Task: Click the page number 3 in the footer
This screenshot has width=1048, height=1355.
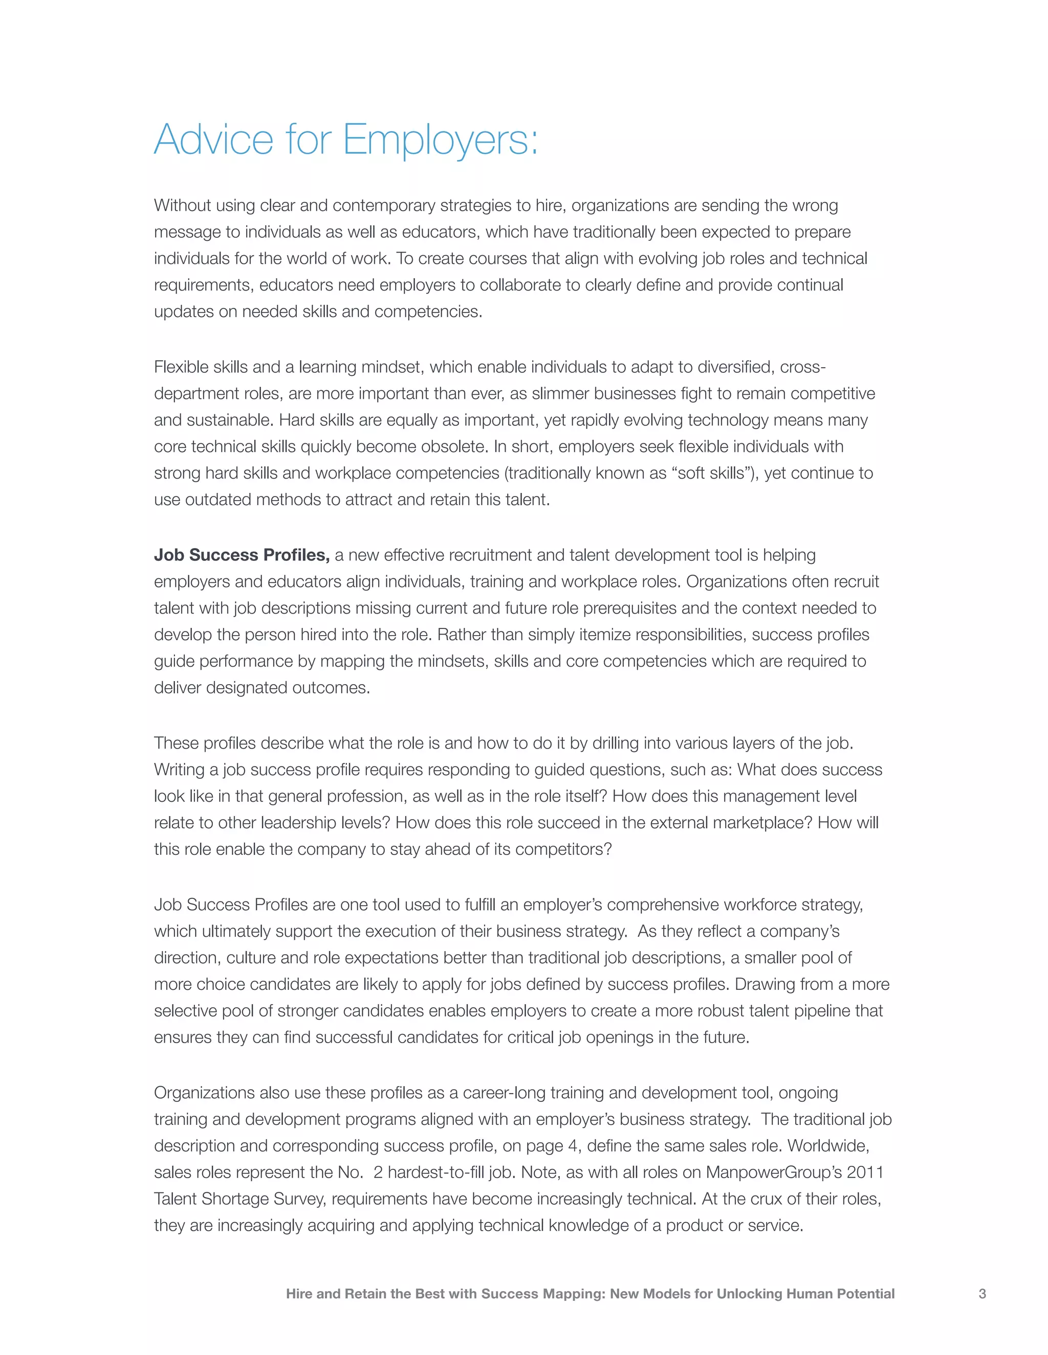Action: point(982,1294)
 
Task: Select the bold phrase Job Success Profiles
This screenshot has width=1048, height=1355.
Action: point(242,555)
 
